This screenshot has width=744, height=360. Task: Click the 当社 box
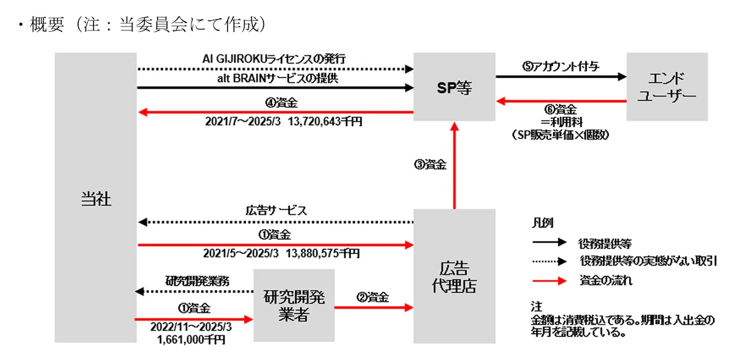[95, 198]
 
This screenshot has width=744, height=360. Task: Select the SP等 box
[454, 87]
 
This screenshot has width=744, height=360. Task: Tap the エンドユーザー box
[667, 87]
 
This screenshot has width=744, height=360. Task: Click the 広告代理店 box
[454, 276]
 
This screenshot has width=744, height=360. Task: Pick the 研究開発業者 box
[294, 305]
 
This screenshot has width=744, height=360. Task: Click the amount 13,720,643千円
[325, 122]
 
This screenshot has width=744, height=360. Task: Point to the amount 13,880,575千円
[322, 253]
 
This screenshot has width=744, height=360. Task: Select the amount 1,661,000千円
[192, 340]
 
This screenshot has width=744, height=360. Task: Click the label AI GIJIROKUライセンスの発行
[274, 59]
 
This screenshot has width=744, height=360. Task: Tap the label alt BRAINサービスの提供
[278, 79]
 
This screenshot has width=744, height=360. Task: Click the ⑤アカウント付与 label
[560, 67]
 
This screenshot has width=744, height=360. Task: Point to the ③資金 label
[430, 165]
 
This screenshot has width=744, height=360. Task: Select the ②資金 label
[373, 297]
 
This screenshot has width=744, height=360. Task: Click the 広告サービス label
[276, 210]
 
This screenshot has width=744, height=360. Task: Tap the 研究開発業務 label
[197, 281]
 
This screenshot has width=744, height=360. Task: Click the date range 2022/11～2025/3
[191, 327]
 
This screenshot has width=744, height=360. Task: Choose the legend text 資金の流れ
[606, 281]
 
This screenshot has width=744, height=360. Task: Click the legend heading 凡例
[542, 222]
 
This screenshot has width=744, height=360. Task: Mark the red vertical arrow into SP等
[454, 165]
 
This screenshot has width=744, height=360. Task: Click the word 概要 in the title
[47, 25]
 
